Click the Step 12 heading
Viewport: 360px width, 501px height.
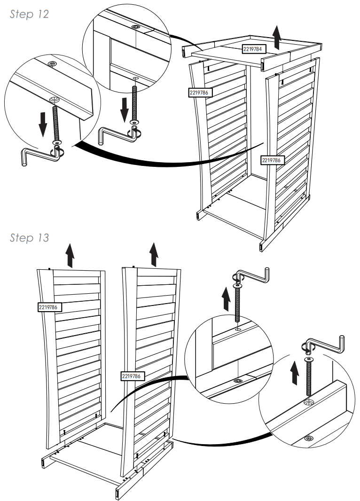coord(29,14)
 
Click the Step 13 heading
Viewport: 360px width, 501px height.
coord(29,238)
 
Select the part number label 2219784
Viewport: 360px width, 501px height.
coord(255,48)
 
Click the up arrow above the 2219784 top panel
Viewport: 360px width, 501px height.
coord(277,38)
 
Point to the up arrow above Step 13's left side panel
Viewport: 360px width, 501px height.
coord(70,255)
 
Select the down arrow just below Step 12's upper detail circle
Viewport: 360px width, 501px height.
coord(124,108)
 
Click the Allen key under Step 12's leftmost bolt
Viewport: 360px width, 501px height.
coord(40,155)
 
